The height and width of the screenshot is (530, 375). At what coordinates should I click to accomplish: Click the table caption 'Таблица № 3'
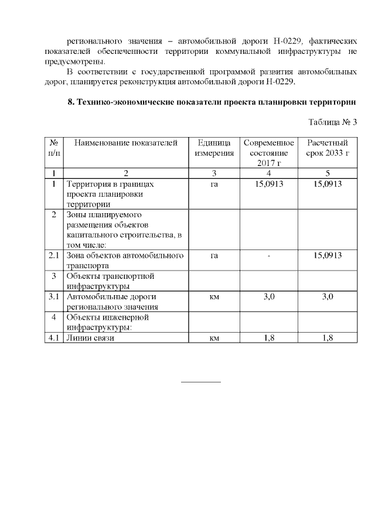click(x=332, y=122)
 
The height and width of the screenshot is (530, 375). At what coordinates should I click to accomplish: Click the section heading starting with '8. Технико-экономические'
click(x=213, y=102)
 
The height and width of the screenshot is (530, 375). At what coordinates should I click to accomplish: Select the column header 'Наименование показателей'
click(x=125, y=143)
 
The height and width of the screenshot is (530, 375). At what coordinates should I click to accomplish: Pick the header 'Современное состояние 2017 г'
click(x=268, y=153)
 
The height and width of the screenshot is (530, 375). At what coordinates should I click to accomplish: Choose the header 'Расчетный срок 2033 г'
click(x=328, y=148)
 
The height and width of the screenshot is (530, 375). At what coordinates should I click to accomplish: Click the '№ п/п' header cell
click(x=53, y=148)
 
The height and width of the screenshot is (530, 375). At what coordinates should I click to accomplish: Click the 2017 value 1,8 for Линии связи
click(x=269, y=337)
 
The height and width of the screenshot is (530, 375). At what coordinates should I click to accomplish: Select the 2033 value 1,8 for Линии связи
click(x=328, y=337)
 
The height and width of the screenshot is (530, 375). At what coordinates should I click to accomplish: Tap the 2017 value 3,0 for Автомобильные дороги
click(x=269, y=297)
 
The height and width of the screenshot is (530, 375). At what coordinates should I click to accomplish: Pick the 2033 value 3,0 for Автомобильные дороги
click(x=328, y=297)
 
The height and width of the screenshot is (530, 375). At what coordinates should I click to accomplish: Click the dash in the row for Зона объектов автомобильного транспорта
click(x=269, y=256)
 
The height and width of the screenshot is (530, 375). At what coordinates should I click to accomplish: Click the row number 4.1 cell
click(x=54, y=337)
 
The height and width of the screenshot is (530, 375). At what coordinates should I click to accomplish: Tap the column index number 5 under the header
click(x=328, y=173)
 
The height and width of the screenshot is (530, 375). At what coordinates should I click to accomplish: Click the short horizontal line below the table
click(x=200, y=382)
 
